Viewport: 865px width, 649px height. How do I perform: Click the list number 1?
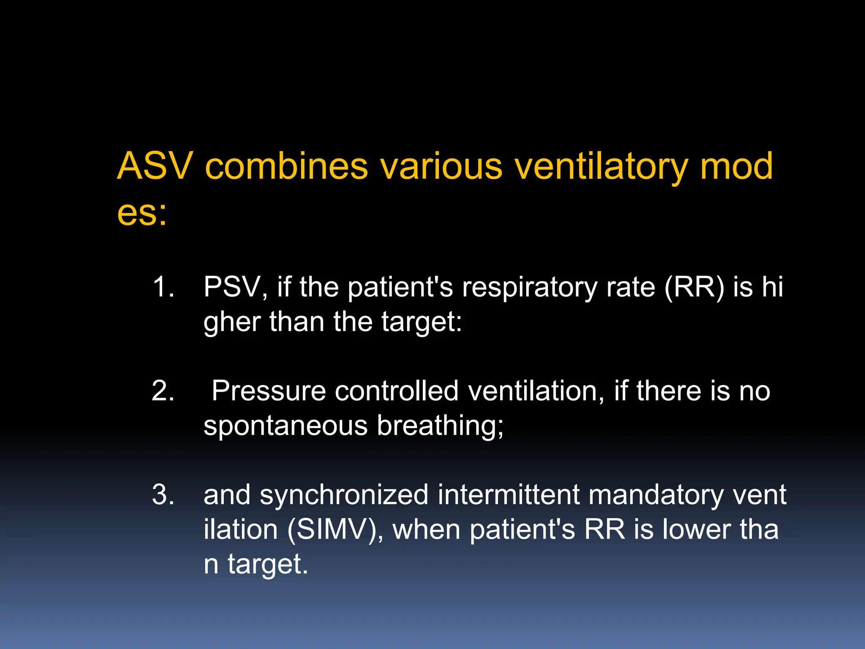pos(163,287)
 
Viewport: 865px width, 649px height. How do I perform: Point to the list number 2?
pos(163,391)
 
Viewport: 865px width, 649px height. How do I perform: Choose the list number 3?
pos(163,495)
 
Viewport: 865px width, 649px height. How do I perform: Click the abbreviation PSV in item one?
pos(235,287)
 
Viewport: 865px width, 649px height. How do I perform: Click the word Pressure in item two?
pos(269,391)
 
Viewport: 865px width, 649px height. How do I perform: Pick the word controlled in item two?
pos(397,391)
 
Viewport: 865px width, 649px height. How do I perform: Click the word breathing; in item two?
pos(440,426)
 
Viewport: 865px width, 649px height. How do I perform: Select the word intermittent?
pos(509,495)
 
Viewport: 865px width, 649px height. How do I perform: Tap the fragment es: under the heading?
pos(142,213)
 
